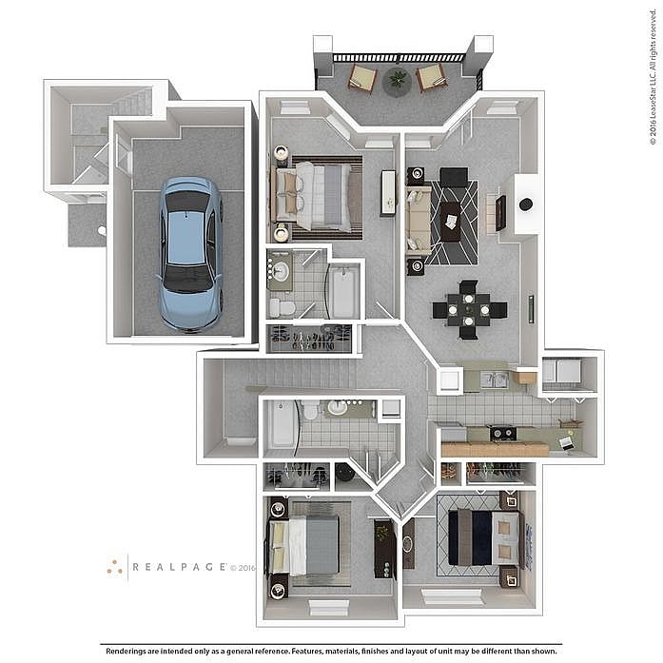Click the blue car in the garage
190,253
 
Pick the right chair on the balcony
432,76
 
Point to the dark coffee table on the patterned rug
449,222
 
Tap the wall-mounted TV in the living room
500,213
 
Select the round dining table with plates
469,309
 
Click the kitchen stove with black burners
502,433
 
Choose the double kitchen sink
494,380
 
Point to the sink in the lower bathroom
338,408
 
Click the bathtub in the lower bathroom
282,424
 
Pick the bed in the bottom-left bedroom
307,545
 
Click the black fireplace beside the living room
525,205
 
